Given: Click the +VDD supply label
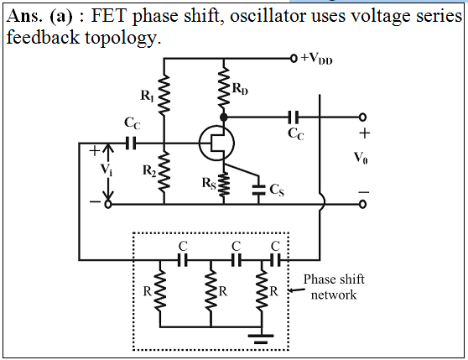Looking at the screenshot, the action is (316, 58).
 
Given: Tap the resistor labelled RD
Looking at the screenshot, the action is (224, 87).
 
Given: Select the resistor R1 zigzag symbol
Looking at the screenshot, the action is (164, 95).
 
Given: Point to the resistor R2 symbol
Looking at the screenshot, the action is (164, 171).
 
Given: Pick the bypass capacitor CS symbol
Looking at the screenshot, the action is (259, 190).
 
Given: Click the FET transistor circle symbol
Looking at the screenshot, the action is (216, 143).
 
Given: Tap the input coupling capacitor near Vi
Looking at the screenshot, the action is (131, 143).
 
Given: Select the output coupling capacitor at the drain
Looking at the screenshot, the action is (293, 117).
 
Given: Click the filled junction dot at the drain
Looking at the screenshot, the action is (224, 117).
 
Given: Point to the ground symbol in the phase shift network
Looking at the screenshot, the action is (261, 339).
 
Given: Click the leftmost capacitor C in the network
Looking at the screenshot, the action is (183, 260).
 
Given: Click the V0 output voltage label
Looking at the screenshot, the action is (361, 157).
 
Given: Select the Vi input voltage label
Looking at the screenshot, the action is (107, 170).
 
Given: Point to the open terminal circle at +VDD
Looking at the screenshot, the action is (294, 58).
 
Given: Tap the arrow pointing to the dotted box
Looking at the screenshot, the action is (296, 290).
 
